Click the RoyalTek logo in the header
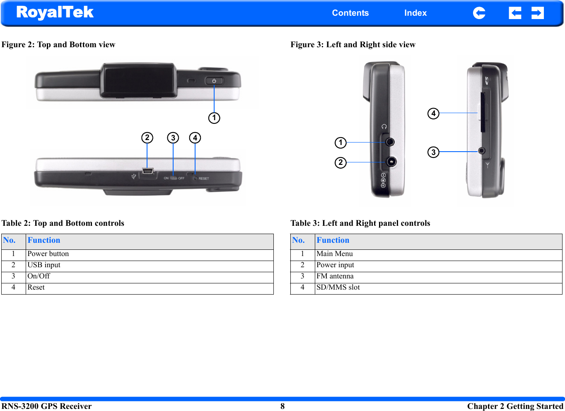tap(55, 12)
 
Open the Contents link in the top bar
tap(350, 13)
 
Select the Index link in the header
tap(415, 13)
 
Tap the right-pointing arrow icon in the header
tap(537, 13)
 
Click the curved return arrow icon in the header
tap(479, 13)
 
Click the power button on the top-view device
tap(214, 81)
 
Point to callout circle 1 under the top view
tap(214, 118)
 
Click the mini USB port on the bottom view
tap(147, 172)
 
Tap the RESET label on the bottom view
tap(203, 179)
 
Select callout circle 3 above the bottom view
tap(173, 138)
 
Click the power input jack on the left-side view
tap(391, 162)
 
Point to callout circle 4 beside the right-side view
tap(433, 114)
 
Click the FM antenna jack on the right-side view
tap(481, 151)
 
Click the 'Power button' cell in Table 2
tap(48, 254)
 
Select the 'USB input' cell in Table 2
tap(44, 265)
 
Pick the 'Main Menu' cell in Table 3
tap(335, 254)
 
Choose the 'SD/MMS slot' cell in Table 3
tap(338, 288)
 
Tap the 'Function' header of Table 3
tap(333, 240)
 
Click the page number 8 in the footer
tap(282, 406)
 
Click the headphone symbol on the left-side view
tap(384, 126)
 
